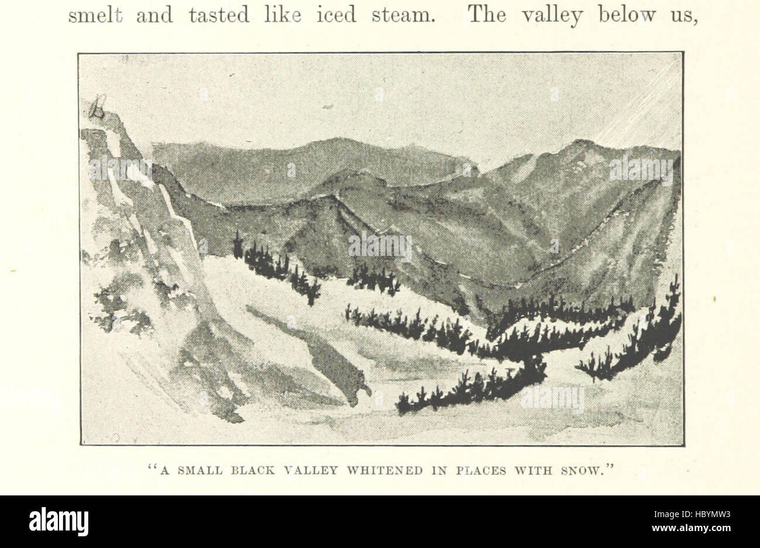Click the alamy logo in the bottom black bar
pyautogui.click(x=58, y=521)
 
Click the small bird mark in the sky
pyautogui.click(x=327, y=107)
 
